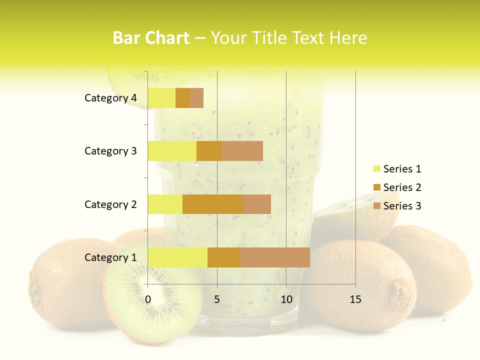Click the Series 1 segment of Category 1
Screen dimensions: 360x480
coord(177,257)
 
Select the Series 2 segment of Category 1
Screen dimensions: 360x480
coord(224,257)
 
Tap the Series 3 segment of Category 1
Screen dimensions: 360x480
coord(275,257)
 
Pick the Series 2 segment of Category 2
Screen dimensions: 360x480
coord(213,204)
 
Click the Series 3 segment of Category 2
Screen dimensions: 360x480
coord(257,204)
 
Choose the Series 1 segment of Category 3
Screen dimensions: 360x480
coord(172,151)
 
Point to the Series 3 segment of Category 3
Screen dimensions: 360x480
coord(242,151)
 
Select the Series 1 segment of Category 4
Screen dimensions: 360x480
coord(161,98)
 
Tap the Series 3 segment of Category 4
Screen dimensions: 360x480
coord(196,98)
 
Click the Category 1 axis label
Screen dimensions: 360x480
coord(110,257)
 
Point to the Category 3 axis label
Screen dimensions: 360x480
coord(110,151)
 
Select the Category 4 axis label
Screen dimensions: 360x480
coord(110,98)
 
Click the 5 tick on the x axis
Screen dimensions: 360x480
coord(217,299)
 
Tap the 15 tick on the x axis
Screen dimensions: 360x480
coord(355,299)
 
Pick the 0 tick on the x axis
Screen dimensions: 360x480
coord(148,299)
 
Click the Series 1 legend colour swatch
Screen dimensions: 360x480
coord(376,169)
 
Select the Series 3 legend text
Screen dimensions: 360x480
coord(402,206)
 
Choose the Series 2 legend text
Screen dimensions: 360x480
coord(402,187)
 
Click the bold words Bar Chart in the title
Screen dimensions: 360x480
coord(151,38)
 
